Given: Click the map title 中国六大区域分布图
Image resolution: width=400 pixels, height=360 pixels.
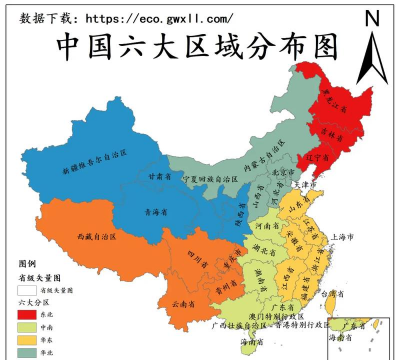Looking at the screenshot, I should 196,46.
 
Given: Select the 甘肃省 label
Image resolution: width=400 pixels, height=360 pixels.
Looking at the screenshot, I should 159,175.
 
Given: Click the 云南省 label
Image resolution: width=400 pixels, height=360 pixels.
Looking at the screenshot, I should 182,302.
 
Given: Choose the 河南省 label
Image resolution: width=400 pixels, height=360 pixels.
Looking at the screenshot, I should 267,228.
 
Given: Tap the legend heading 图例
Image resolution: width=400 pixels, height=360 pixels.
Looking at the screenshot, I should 26,264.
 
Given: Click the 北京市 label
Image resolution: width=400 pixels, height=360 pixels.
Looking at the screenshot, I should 283,172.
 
